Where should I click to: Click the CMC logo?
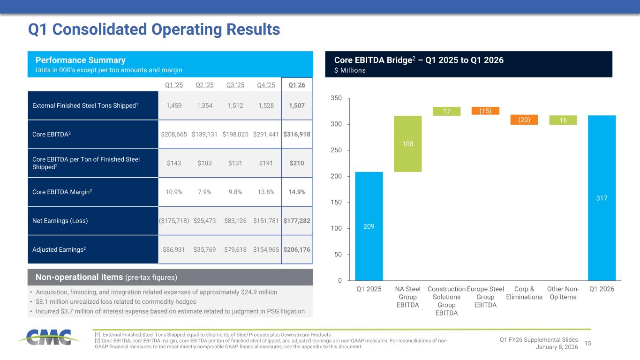[x=45, y=337]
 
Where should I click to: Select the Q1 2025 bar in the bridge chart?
[x=369, y=226]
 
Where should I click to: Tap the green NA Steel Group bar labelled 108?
[x=408, y=143]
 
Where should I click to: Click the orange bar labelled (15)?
[x=485, y=111]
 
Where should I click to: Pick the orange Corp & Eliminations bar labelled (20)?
[x=524, y=120]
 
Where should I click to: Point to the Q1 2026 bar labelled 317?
[x=602, y=198]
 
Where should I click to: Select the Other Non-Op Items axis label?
[x=563, y=293]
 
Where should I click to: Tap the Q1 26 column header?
[x=296, y=85]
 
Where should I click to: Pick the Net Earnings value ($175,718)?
[x=174, y=220]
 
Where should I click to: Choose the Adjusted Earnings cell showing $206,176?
[x=296, y=249]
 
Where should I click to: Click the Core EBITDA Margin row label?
[x=59, y=192]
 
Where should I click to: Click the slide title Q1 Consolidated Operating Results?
[x=154, y=30]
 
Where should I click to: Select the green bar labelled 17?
[x=446, y=111]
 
